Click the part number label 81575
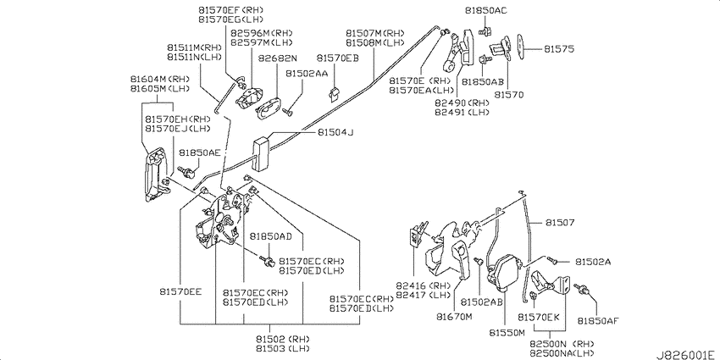[559, 48]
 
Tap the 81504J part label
[335, 133]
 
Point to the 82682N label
[277, 58]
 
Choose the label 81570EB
[337, 58]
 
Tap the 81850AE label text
[200, 152]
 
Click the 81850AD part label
[271, 236]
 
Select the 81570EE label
[181, 291]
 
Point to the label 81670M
[454, 317]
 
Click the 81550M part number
[506, 331]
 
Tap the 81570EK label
[539, 317]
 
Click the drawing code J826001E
[687, 354]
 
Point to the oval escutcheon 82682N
[270, 108]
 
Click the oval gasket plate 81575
[521, 47]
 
